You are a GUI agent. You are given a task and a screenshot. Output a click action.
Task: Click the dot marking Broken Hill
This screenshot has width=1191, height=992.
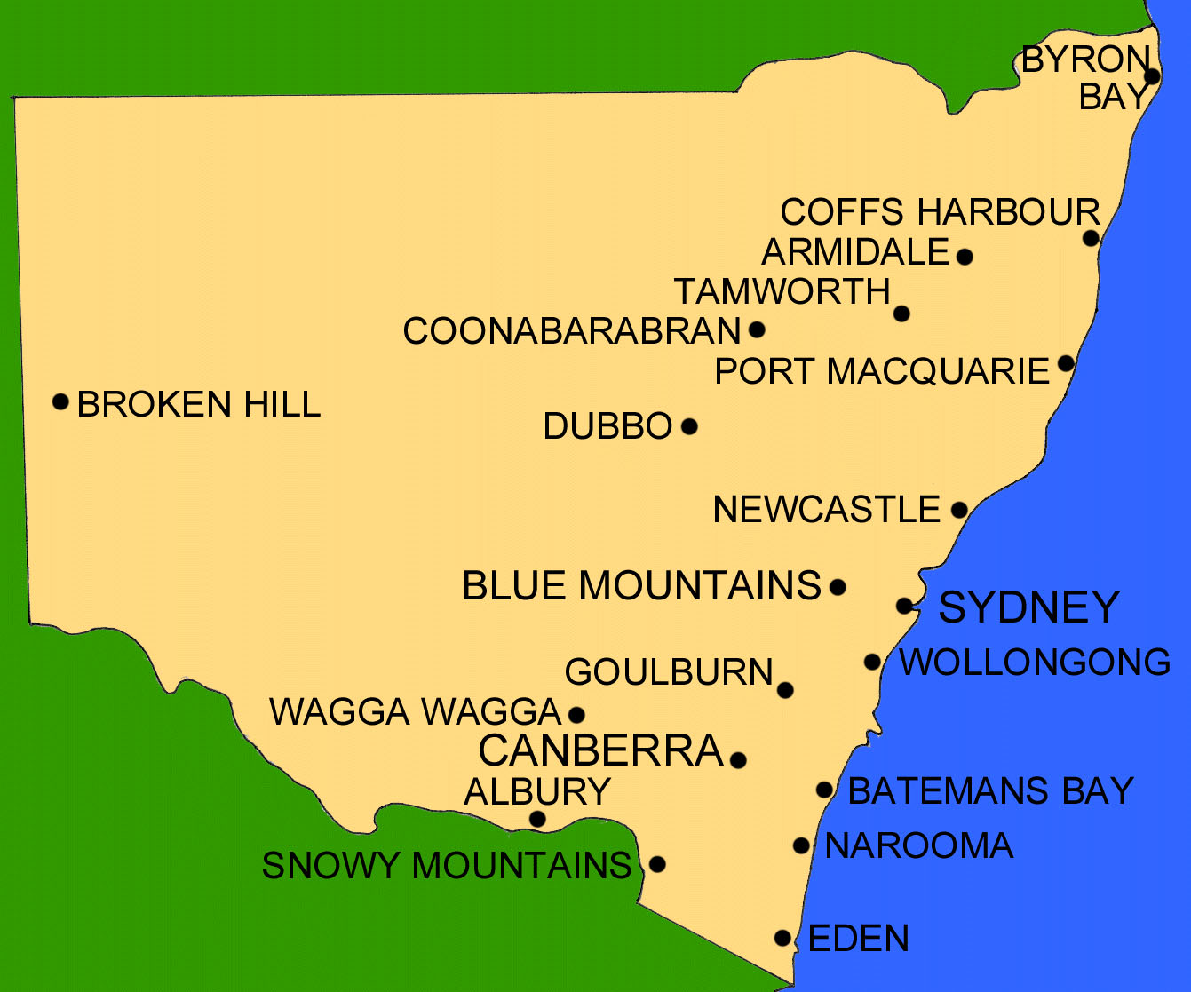tap(60, 401)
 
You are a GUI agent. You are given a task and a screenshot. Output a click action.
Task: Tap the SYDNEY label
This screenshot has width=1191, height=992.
tap(1028, 607)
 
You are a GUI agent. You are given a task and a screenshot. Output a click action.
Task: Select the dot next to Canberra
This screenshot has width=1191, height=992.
tap(737, 759)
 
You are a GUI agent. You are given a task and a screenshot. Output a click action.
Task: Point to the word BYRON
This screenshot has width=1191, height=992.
tap(1085, 60)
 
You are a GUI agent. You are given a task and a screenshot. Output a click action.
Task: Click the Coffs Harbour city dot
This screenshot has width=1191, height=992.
tap(1091, 238)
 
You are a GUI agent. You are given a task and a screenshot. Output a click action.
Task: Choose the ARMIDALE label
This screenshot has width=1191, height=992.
tap(855, 252)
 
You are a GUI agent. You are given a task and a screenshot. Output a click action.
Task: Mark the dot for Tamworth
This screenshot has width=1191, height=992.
tap(901, 313)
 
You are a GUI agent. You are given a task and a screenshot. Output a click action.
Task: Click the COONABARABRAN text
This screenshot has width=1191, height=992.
tap(571, 331)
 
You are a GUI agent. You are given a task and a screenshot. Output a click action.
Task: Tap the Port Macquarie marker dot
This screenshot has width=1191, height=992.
tap(1066, 363)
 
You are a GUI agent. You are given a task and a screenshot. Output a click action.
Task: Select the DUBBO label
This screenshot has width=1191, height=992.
tap(607, 426)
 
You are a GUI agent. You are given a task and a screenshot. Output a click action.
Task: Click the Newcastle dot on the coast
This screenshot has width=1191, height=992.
tap(959, 510)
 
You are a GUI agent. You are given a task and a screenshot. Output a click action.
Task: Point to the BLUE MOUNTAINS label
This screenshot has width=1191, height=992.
tap(641, 586)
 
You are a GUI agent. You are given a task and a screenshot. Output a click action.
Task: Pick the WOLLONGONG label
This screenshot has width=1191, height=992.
tap(1035, 663)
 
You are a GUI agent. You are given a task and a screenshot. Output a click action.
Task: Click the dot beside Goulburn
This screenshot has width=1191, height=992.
tap(784, 690)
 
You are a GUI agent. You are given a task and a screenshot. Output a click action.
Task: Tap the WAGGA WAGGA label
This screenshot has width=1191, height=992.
tap(415, 712)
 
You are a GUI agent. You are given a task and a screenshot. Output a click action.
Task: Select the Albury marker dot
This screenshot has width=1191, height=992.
tap(537, 819)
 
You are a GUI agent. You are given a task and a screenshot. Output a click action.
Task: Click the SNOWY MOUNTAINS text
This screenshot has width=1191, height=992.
tap(446, 865)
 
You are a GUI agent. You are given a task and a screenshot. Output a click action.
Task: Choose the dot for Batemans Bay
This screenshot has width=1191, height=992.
tap(824, 790)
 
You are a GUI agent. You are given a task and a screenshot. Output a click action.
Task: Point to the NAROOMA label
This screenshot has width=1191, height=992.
tap(918, 845)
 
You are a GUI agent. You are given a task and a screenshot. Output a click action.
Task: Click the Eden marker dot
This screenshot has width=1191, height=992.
tap(782, 938)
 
